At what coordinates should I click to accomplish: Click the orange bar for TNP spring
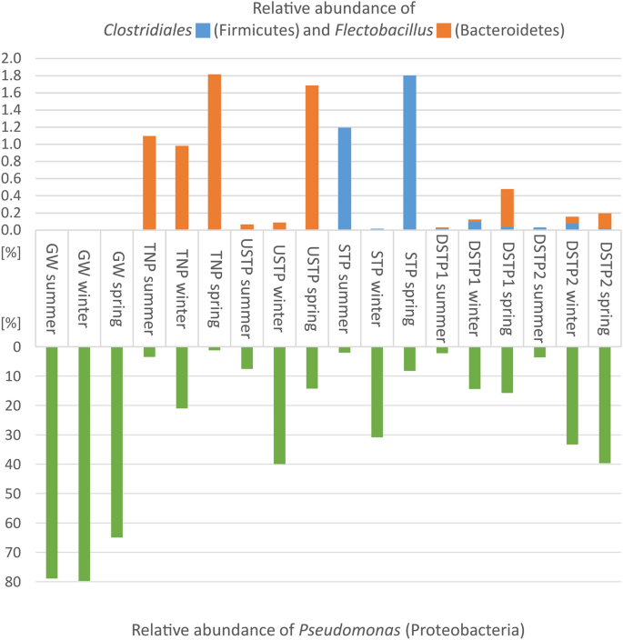[215, 152]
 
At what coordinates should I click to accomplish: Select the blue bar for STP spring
[410, 152]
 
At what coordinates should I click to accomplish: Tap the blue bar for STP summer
[345, 178]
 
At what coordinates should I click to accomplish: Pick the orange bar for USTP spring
[312, 157]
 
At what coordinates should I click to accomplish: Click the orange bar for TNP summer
[149, 183]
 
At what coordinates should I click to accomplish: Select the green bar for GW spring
[117, 442]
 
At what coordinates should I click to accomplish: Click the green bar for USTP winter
[279, 405]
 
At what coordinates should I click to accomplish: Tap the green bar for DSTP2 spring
[605, 405]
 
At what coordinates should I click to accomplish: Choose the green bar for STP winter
[377, 392]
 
